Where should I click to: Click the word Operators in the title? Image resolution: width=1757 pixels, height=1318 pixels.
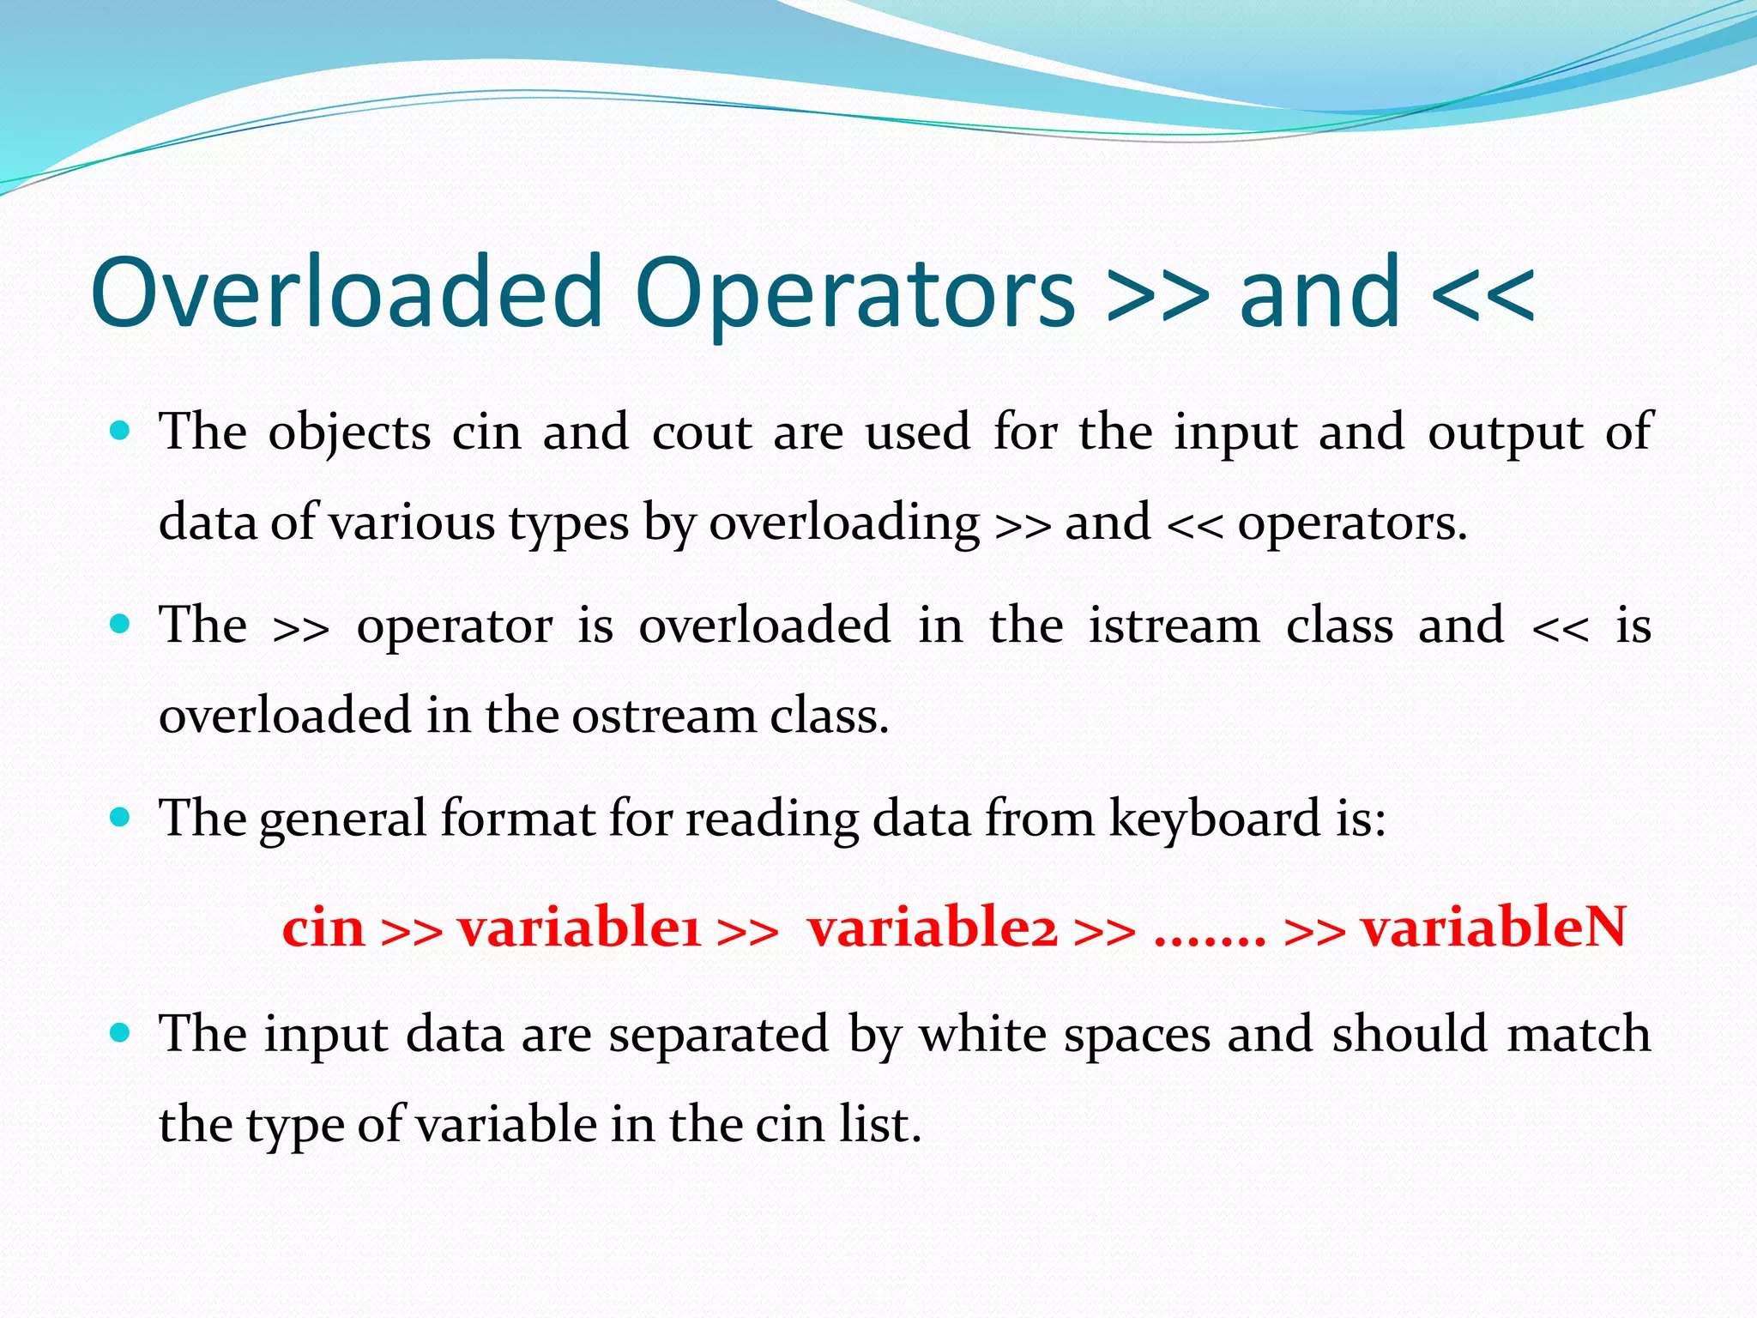pos(855,293)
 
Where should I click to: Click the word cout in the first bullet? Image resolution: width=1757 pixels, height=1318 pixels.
pos(702,432)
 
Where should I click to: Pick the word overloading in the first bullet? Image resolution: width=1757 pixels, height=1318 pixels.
pos(844,523)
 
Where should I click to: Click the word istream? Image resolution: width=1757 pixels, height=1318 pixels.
pos(1174,625)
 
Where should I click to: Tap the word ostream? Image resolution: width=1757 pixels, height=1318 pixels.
pos(663,716)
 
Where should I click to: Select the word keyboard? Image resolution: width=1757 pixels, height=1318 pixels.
pos(1215,819)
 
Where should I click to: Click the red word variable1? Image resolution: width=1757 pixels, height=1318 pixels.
pos(580,928)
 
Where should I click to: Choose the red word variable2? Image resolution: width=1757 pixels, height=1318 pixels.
pos(933,928)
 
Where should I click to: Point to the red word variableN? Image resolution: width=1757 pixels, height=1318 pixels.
pos(1494,928)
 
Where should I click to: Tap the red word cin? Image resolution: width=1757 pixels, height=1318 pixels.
pos(323,928)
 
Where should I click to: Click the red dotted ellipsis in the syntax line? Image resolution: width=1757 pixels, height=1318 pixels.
pos(1210,940)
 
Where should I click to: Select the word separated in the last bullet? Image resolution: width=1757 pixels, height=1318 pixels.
pos(719,1034)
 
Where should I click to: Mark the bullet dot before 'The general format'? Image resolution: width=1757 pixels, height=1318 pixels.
pos(121,817)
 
